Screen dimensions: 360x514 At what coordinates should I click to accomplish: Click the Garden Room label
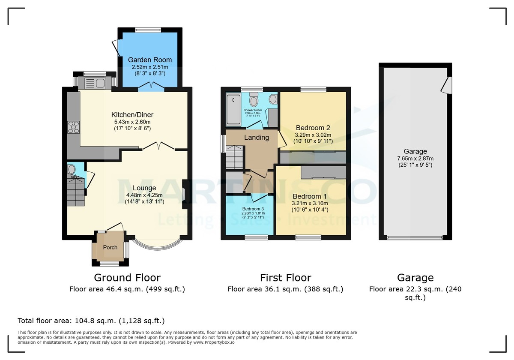[150, 60]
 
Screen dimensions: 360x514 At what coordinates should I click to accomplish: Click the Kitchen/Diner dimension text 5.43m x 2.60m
[132, 122]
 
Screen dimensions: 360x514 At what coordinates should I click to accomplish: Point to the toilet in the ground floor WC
[72, 169]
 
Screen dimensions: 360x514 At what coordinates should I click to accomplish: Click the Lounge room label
[144, 188]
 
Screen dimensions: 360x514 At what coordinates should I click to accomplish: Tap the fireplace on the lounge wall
[184, 194]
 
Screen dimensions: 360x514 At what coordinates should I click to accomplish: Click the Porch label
[110, 247]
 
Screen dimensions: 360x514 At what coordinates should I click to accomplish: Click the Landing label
[256, 137]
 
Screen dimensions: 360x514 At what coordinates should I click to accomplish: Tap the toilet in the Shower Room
[254, 101]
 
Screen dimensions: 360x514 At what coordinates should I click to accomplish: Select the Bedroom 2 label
[313, 128]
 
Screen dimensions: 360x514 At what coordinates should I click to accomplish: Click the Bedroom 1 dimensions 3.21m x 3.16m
[310, 203]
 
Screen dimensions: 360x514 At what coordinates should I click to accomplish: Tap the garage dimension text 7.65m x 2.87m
[415, 158]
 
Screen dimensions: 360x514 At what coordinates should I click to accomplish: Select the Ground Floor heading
[127, 278]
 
